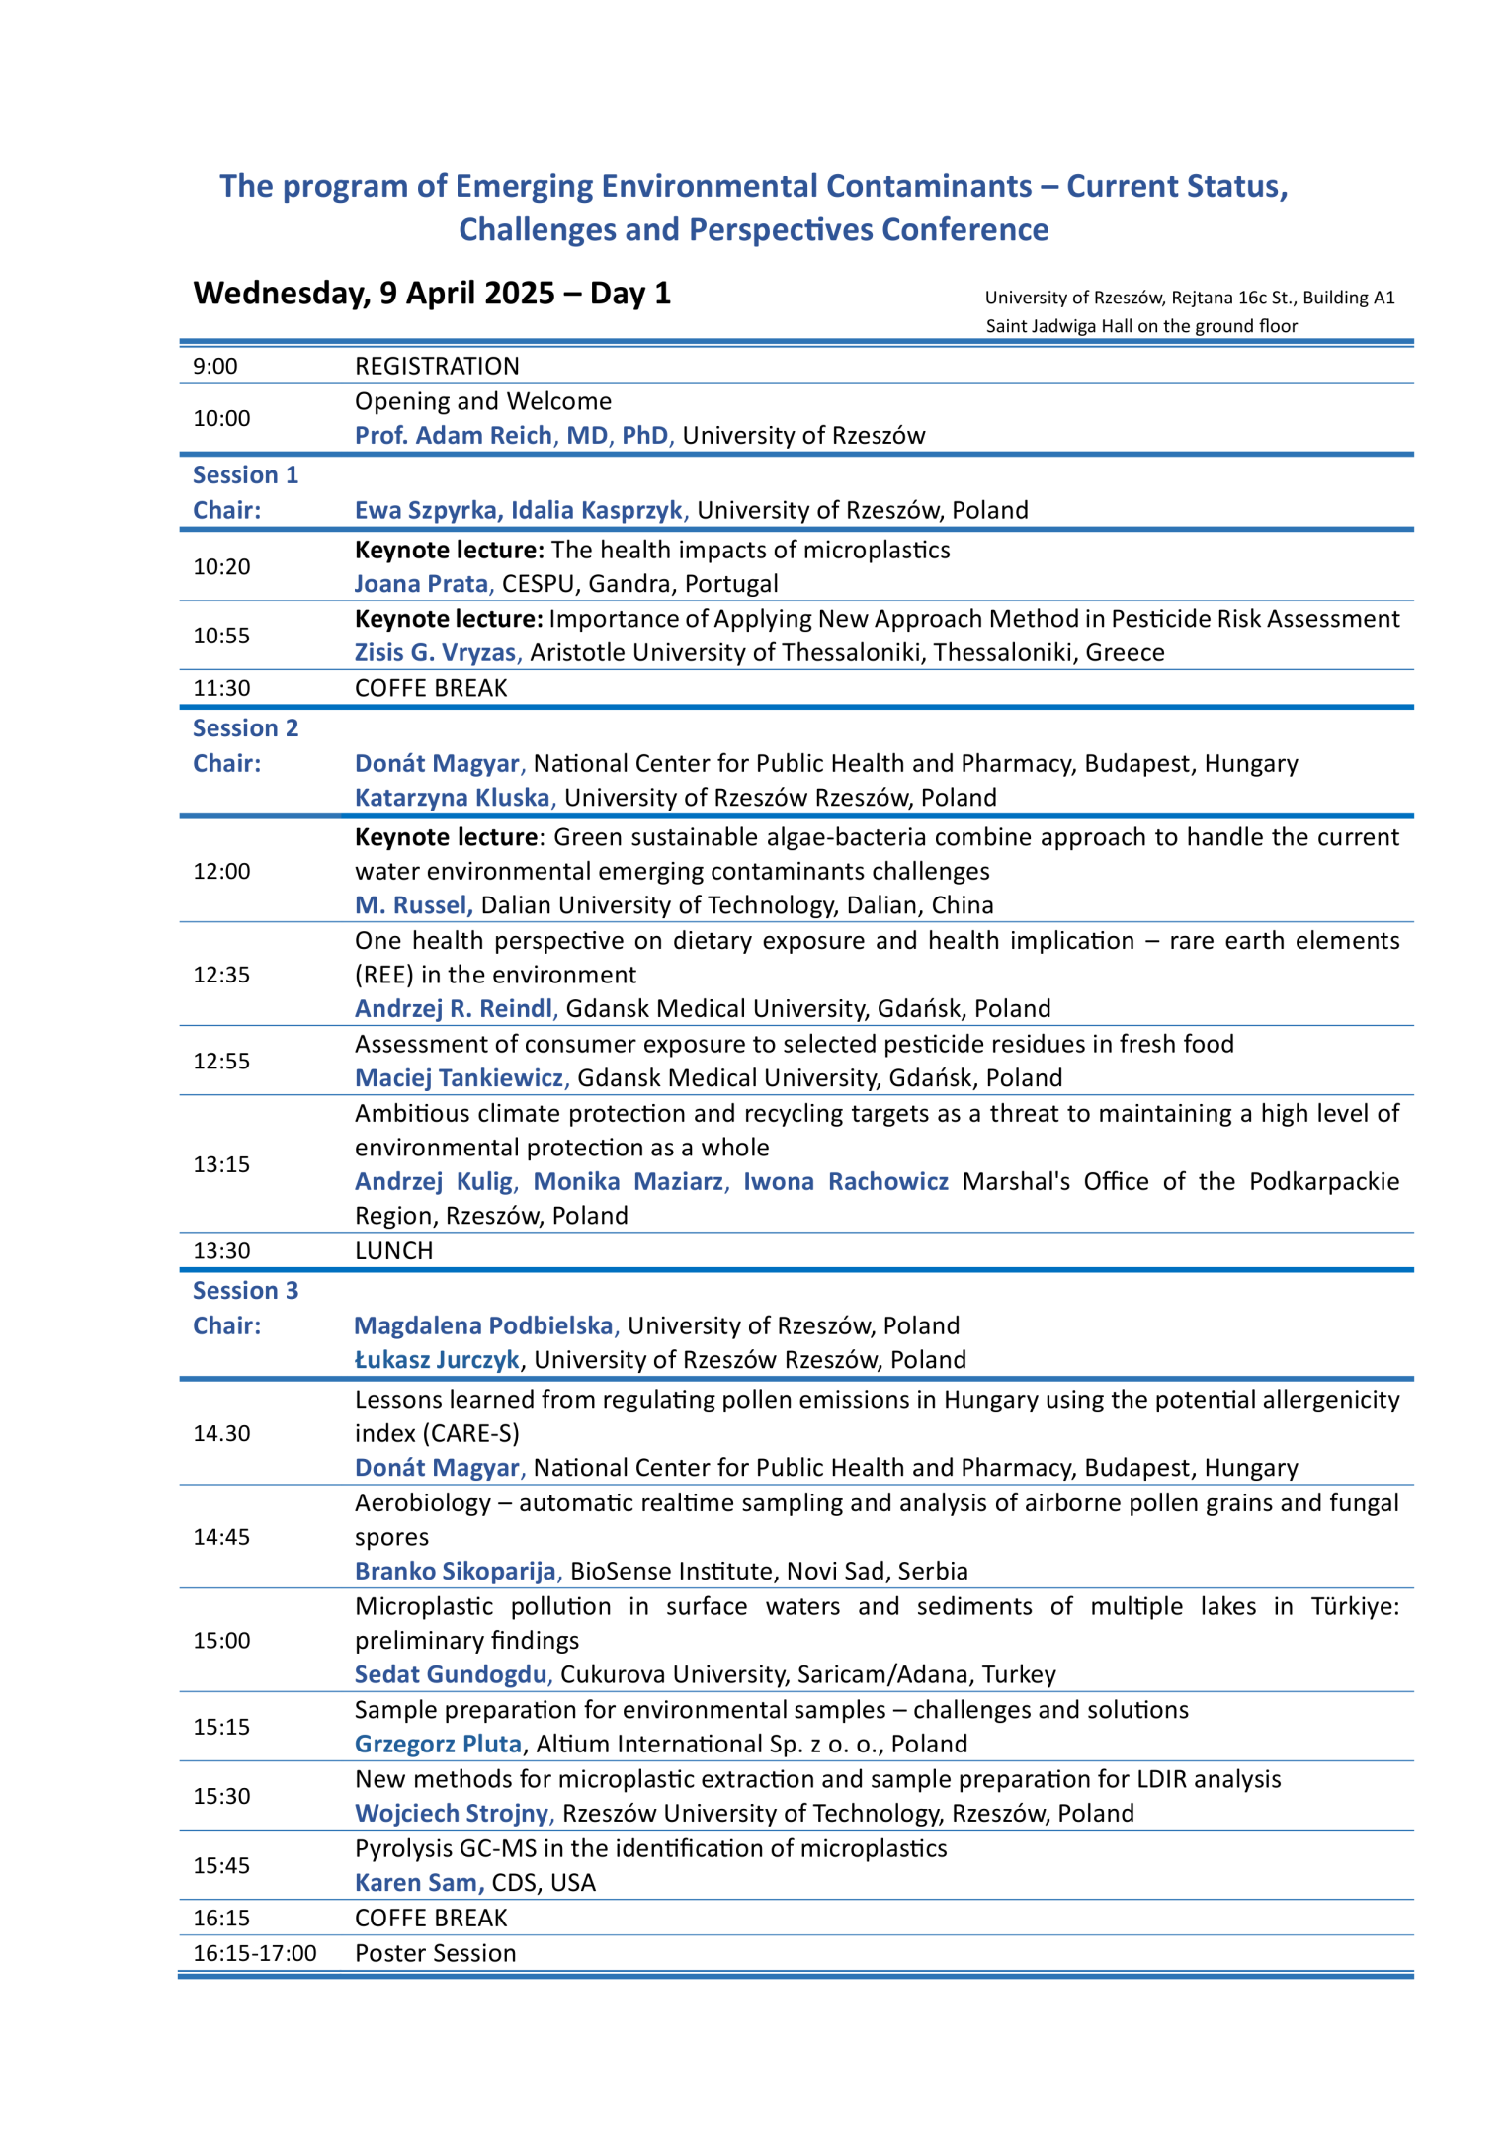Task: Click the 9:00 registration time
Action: pyautogui.click(x=215, y=367)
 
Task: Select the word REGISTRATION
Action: pyautogui.click(x=437, y=367)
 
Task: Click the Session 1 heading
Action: pyautogui.click(x=245, y=475)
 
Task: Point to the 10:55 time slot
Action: pyautogui.click(x=221, y=636)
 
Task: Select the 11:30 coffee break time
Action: pyautogui.click(x=221, y=688)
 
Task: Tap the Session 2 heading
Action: pyautogui.click(x=245, y=728)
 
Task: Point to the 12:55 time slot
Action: pyautogui.click(x=221, y=1062)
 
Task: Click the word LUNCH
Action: pyautogui.click(x=393, y=1251)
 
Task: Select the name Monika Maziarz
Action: pyautogui.click(x=629, y=1182)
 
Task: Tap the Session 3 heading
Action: pyautogui.click(x=245, y=1291)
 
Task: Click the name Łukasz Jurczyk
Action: pyautogui.click(x=437, y=1360)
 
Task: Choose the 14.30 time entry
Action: pyautogui.click(x=221, y=1434)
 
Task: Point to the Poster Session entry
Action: pyautogui.click(x=435, y=1953)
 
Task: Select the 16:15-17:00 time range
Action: pyautogui.click(x=255, y=1953)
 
